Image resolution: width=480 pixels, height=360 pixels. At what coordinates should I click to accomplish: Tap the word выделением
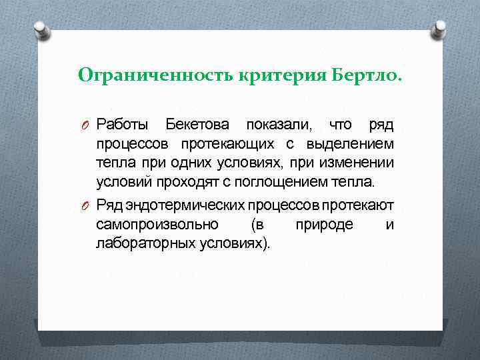350,144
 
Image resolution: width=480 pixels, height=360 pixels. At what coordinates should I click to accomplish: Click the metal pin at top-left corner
42,29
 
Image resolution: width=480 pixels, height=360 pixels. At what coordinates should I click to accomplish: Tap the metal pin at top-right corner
439,29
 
